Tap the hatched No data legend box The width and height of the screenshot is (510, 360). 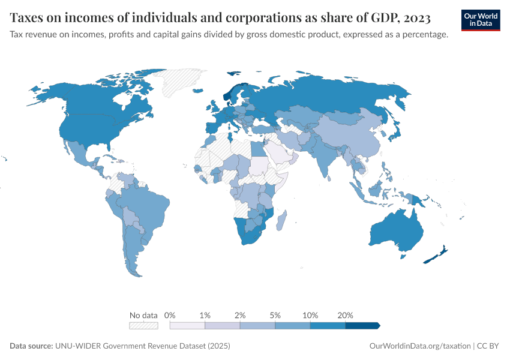[x=143, y=326]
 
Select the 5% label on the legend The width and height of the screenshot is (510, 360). [x=275, y=315]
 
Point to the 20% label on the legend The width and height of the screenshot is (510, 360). [x=346, y=315]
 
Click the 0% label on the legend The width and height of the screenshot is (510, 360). [x=170, y=315]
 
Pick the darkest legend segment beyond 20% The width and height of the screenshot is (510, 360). [x=362, y=326]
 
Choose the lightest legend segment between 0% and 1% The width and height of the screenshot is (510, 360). [x=187, y=326]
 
